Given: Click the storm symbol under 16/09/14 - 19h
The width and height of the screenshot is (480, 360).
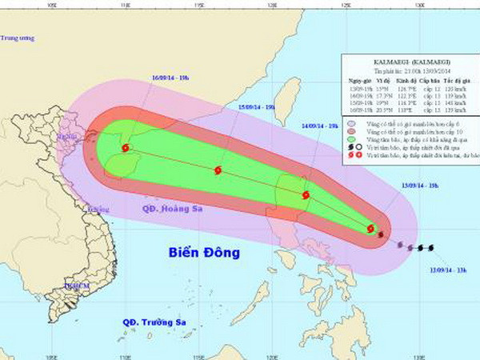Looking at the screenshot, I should click(125, 148).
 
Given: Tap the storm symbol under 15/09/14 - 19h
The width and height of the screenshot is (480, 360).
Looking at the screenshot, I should click(218, 170).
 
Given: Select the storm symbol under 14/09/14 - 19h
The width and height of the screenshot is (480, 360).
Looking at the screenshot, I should click(305, 194).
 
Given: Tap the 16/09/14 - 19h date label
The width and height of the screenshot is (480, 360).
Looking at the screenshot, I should click(169, 78).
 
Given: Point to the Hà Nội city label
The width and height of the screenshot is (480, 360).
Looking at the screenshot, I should click(62, 137).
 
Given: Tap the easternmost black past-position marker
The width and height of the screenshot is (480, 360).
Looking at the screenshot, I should click(430, 247).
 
